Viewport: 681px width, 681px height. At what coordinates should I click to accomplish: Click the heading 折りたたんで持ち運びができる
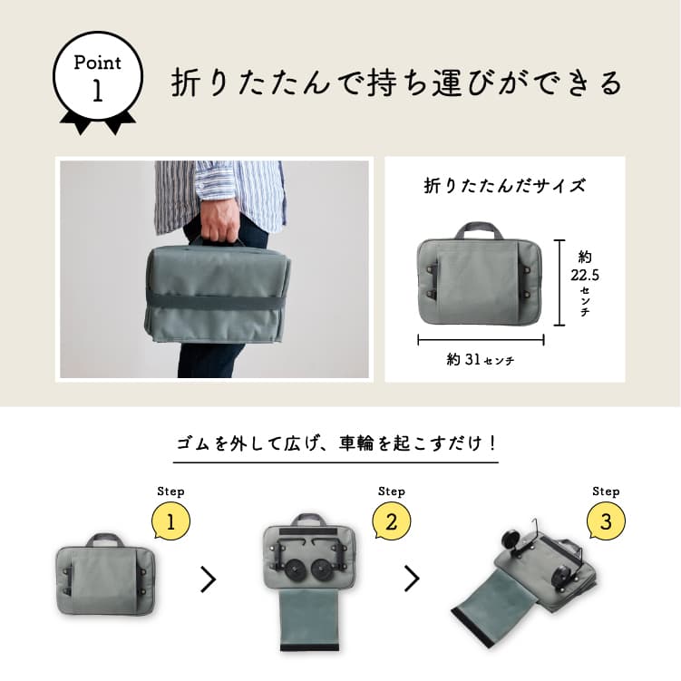[x=397, y=83]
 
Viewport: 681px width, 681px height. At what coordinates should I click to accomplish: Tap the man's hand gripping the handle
[x=218, y=227]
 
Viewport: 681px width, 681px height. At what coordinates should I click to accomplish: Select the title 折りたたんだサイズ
[x=505, y=187]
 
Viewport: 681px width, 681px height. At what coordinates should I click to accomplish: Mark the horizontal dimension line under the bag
[x=480, y=340]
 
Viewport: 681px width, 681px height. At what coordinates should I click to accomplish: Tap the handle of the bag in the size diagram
[x=480, y=229]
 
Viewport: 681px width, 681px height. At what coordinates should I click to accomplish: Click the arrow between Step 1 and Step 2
[x=209, y=579]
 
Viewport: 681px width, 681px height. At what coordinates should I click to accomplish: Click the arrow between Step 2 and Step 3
[x=413, y=579]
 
